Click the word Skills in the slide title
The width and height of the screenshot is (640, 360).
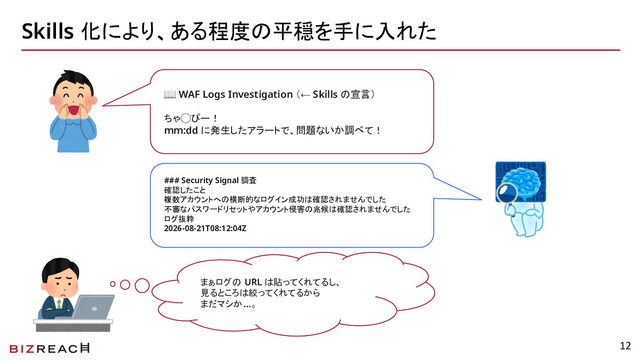coord(48,31)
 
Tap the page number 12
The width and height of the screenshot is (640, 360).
coord(625,346)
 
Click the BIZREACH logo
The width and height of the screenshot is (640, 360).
coord(49,348)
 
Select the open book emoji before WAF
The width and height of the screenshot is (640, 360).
coord(170,94)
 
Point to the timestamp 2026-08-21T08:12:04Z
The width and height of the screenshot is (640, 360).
coord(205,228)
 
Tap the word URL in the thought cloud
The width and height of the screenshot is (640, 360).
coord(253,282)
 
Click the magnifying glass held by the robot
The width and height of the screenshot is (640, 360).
coord(507,193)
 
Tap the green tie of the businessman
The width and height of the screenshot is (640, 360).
coord(59,304)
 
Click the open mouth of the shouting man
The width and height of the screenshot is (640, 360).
coord(73,110)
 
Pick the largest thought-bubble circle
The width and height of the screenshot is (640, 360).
coord(142,285)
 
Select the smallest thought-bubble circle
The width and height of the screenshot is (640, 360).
coord(112,284)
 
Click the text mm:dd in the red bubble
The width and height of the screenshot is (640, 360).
coord(181,131)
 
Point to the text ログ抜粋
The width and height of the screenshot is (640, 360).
coord(179,219)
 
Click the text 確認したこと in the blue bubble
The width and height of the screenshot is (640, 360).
coord(185,190)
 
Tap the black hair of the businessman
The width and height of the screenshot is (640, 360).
coord(60,268)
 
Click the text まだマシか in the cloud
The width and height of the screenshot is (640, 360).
coord(221,304)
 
